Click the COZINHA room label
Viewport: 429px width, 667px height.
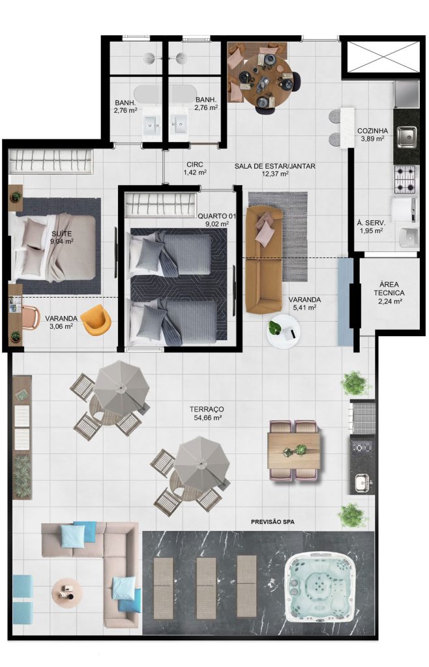click(372, 131)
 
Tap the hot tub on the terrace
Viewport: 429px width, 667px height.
click(319, 584)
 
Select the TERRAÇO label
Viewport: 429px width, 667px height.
click(207, 409)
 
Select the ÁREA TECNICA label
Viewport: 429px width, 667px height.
click(389, 289)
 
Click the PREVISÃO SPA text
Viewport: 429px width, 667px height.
click(273, 522)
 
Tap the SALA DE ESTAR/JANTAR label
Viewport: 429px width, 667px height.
click(275, 166)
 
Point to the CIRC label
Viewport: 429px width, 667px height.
click(195, 165)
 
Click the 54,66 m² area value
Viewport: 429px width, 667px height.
click(207, 418)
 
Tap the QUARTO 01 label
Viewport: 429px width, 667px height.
click(216, 216)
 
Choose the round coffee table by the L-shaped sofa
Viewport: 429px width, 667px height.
click(67, 591)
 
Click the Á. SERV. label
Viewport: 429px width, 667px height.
click(371, 223)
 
